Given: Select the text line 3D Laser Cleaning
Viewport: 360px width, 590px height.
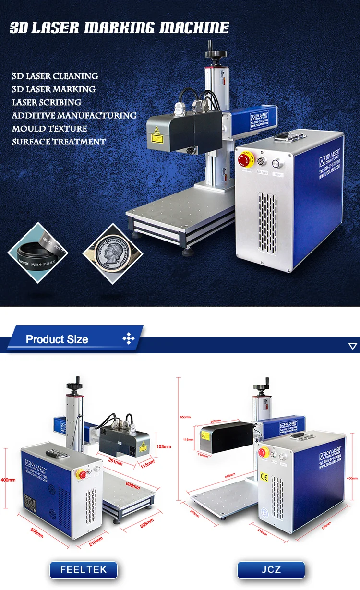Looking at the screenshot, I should click(55, 76).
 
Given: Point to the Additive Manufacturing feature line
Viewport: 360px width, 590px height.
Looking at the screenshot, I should click(74, 116).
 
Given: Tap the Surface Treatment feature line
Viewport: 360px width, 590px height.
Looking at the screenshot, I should click(59, 142).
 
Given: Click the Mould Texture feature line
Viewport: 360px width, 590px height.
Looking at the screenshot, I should click(49, 129).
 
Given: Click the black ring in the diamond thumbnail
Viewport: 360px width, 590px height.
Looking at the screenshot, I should click(38, 253).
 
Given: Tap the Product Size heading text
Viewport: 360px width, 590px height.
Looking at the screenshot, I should click(57, 339).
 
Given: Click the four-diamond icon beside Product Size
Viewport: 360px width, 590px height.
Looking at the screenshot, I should click(129, 339).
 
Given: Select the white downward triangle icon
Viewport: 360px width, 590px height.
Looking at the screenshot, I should click(353, 346).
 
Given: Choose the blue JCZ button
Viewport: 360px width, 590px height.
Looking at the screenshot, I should click(271, 570).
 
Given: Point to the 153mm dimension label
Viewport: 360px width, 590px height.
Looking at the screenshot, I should click(164, 446).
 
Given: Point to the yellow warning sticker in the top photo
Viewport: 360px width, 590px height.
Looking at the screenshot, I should click(156, 138).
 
